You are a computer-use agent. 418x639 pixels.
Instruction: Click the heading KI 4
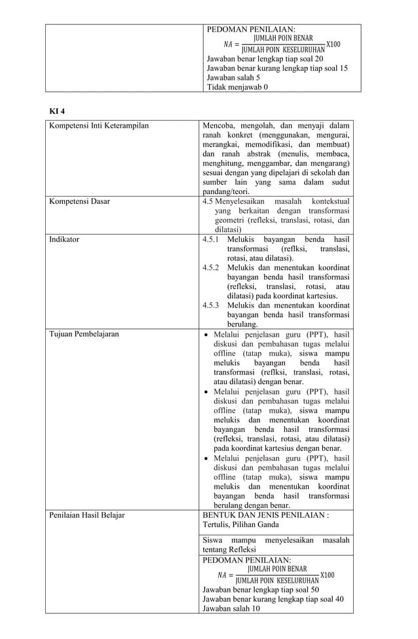pos(58,109)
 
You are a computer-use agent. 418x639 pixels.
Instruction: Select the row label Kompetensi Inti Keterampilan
pos(99,125)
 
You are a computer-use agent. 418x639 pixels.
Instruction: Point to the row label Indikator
pos(64,239)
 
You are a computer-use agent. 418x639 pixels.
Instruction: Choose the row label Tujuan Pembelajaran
pos(85,334)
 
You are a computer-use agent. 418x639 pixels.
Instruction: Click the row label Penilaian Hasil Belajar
pos(87,514)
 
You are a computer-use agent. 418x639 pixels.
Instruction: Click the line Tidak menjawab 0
pos(237,87)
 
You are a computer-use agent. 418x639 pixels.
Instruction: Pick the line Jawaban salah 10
pos(231,608)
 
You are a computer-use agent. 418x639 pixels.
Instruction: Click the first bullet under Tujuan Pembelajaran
pos(207,334)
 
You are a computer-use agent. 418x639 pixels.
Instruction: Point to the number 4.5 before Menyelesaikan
pos(208,201)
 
